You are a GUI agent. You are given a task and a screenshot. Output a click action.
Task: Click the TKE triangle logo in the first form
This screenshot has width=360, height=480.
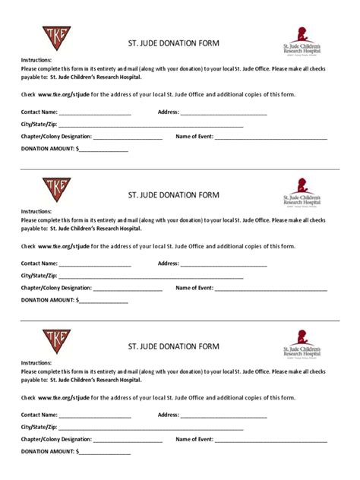[55, 37]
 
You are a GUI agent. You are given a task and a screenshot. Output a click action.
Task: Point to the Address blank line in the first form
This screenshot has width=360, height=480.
[223, 113]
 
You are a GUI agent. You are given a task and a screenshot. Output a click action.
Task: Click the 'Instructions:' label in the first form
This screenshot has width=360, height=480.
[36, 58]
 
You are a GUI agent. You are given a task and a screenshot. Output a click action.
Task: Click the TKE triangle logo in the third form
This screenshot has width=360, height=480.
[55, 341]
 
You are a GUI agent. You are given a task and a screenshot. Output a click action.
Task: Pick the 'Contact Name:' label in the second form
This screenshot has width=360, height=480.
[39, 264]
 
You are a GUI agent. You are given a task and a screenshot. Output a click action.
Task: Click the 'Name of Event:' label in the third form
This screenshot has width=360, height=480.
[194, 440]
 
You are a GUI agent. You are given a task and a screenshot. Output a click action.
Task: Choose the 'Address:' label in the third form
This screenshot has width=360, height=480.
[168, 415]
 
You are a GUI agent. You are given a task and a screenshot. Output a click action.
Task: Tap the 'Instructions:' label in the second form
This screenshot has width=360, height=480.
[36, 210]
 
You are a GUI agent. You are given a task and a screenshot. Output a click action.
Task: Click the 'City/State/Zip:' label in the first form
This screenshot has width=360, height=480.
[39, 125]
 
